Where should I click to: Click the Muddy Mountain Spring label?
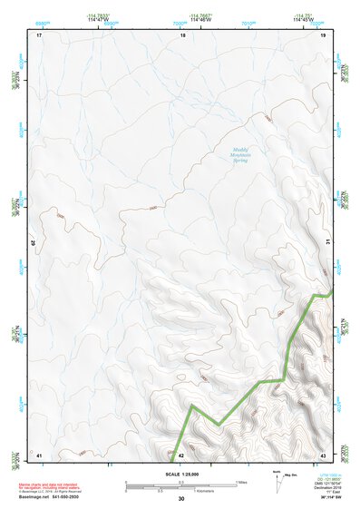pyautogui.click(x=238, y=155)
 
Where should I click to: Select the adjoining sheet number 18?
pyautogui.click(x=182, y=35)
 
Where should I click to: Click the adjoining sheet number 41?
pyautogui.click(x=39, y=454)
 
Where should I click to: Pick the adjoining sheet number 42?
pyautogui.click(x=180, y=455)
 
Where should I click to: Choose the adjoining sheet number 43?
pyautogui.click(x=324, y=454)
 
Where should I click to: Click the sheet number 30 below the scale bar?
pyautogui.click(x=181, y=499)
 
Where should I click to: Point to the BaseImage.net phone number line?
pyautogui.click(x=51, y=497)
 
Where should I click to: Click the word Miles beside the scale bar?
pyautogui.click(x=241, y=482)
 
